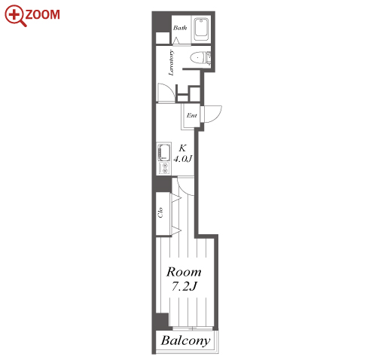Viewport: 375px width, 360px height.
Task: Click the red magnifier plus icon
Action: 16,15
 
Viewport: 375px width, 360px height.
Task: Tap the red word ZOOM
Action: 42,14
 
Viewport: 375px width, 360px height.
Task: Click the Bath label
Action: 180,28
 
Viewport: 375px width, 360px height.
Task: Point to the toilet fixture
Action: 200,58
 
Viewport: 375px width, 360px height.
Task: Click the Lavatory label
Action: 171,63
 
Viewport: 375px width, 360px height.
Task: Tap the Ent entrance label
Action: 192,115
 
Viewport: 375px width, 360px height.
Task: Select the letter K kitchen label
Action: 182,148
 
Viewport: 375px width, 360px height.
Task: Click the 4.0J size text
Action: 183,159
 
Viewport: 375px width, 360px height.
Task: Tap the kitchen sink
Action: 163,152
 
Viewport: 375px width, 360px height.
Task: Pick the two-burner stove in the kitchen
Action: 165,168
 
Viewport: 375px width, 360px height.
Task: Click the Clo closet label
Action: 160,212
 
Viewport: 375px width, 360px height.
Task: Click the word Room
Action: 184,272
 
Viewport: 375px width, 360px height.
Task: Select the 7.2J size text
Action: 184,286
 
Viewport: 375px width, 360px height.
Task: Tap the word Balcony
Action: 185,340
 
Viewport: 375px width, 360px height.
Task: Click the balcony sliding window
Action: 193,328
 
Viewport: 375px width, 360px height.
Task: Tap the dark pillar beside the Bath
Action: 162,23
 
